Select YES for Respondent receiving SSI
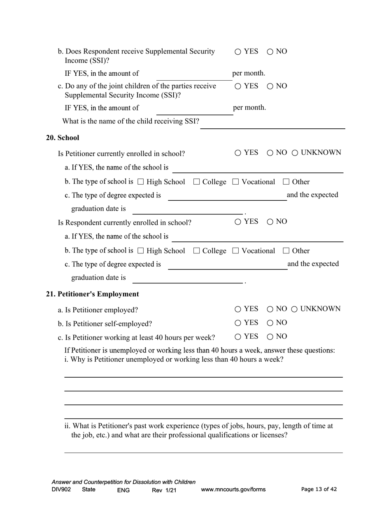click(238, 52)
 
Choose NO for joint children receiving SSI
click(270, 86)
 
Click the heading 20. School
click(63, 138)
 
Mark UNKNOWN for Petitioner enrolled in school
click(295, 153)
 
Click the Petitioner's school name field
click(257, 168)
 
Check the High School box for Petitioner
click(140, 182)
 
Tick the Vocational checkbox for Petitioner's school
click(236, 182)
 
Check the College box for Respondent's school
click(196, 251)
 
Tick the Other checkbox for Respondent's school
click(286, 251)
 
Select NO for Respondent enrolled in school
click(270, 222)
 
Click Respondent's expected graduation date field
click(188, 278)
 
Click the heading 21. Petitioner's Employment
click(92, 294)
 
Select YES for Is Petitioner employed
click(238, 309)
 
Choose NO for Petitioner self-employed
click(270, 323)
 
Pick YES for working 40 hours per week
click(238, 337)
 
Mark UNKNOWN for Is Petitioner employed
click(295, 309)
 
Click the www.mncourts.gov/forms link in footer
click(233, 490)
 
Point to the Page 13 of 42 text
click(319, 489)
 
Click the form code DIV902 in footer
click(61, 490)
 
